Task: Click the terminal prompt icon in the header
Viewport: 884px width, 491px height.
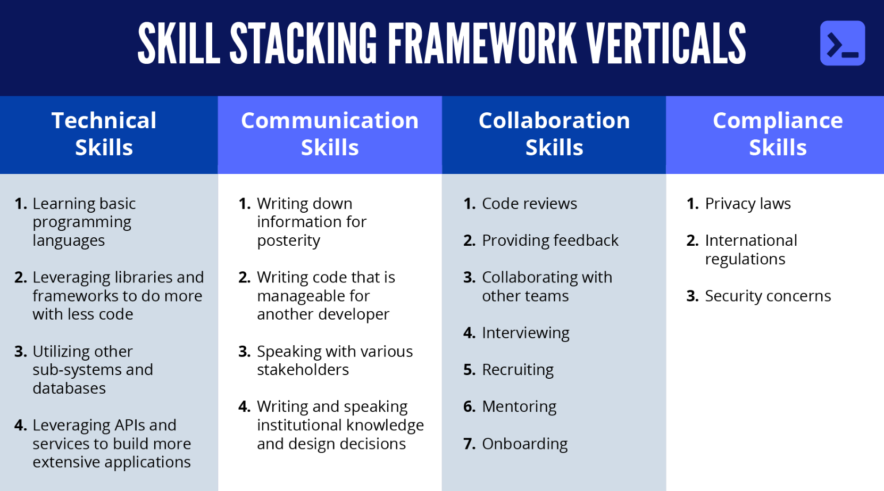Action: pyautogui.click(x=842, y=43)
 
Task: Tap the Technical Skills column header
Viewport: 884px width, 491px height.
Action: pyautogui.click(x=104, y=134)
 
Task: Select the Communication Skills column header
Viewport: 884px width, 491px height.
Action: pyautogui.click(x=330, y=134)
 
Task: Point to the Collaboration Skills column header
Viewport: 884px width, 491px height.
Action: pyautogui.click(x=554, y=134)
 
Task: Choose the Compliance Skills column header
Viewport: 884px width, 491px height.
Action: pyautogui.click(x=778, y=134)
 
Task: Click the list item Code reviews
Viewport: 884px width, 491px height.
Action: pyautogui.click(x=529, y=204)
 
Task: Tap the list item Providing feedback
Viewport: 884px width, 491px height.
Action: pyautogui.click(x=550, y=240)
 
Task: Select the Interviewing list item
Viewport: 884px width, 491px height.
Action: pyautogui.click(x=526, y=333)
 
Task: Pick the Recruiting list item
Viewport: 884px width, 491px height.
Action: pyautogui.click(x=518, y=370)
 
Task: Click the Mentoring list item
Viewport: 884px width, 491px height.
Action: pyautogui.click(x=519, y=406)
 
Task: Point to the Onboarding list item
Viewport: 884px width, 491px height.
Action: pyautogui.click(x=524, y=444)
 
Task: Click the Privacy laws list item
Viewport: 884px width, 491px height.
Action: pyautogui.click(x=748, y=204)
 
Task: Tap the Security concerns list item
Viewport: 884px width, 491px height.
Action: pyautogui.click(x=768, y=296)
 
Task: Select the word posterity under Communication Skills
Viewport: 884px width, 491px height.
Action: pyautogui.click(x=288, y=241)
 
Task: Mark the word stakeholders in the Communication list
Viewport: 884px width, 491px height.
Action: pyautogui.click(x=303, y=370)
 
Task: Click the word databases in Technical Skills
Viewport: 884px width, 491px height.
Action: pyautogui.click(x=69, y=388)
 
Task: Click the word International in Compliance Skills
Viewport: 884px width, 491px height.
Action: pyautogui.click(x=751, y=240)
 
